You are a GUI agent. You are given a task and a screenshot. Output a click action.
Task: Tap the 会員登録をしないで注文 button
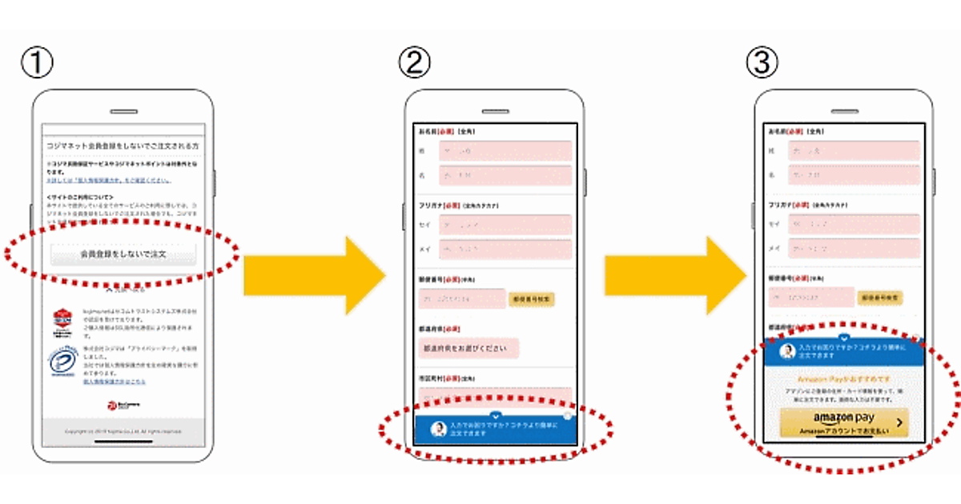click(x=123, y=254)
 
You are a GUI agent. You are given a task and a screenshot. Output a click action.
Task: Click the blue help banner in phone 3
click(x=844, y=351)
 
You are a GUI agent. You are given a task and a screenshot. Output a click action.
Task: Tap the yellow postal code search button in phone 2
click(x=531, y=298)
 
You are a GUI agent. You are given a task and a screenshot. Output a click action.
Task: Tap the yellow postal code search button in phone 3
click(x=881, y=297)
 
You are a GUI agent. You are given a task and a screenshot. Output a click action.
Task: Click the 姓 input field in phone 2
click(x=505, y=151)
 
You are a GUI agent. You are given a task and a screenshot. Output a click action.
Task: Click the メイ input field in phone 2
click(x=505, y=250)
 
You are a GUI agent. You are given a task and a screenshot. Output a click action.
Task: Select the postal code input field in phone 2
click(x=461, y=298)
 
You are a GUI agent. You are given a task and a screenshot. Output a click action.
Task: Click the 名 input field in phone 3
click(x=853, y=175)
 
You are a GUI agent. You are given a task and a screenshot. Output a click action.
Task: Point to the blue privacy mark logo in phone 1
click(x=59, y=362)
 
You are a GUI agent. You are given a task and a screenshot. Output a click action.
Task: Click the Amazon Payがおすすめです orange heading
click(x=843, y=378)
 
